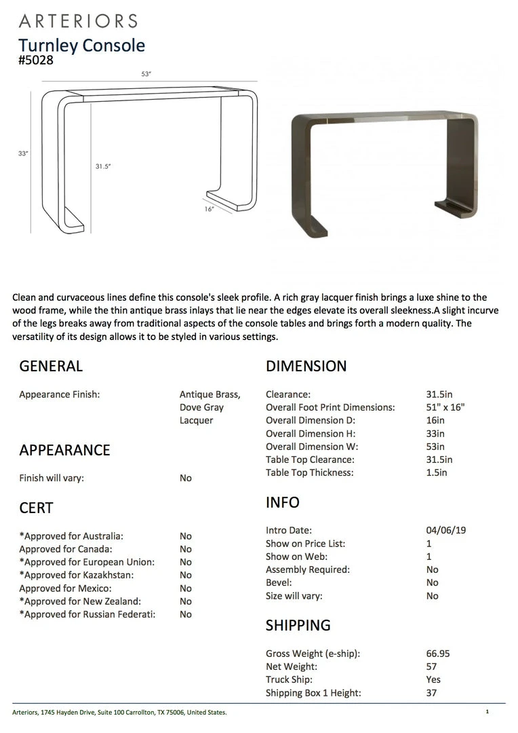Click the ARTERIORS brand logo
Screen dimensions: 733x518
pos(78,21)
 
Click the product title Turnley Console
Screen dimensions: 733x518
pos(81,45)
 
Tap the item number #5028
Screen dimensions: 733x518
pos(36,60)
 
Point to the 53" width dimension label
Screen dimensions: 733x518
pos(146,74)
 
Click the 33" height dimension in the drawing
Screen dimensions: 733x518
pos(24,153)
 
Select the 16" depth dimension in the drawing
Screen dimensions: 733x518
pos(210,209)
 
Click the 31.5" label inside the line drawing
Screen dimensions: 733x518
pos(103,166)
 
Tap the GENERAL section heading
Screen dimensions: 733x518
pos(51,366)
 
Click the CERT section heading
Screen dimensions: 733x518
pos(36,508)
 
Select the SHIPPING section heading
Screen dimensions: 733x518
pos(298,625)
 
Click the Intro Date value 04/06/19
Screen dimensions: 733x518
pos(446,531)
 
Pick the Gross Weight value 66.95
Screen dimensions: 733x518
pos(438,654)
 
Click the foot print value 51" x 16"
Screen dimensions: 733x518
pos(445,407)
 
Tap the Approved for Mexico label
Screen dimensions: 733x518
pos(65,588)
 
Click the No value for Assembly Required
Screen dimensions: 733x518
pos(433,570)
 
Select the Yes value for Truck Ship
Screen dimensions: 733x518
pos(433,679)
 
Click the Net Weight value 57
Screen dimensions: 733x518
pos(432,666)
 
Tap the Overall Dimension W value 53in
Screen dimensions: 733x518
pos(435,447)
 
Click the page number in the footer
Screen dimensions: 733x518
pos(487,712)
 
